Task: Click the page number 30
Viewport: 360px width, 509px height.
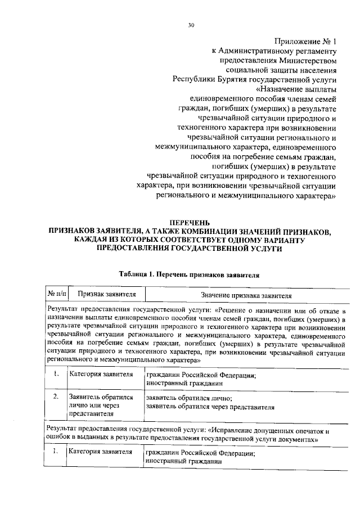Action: [x=191, y=25]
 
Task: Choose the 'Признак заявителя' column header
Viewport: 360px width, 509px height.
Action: [x=106, y=294]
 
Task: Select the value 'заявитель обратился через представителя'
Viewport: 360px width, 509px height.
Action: [x=210, y=406]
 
